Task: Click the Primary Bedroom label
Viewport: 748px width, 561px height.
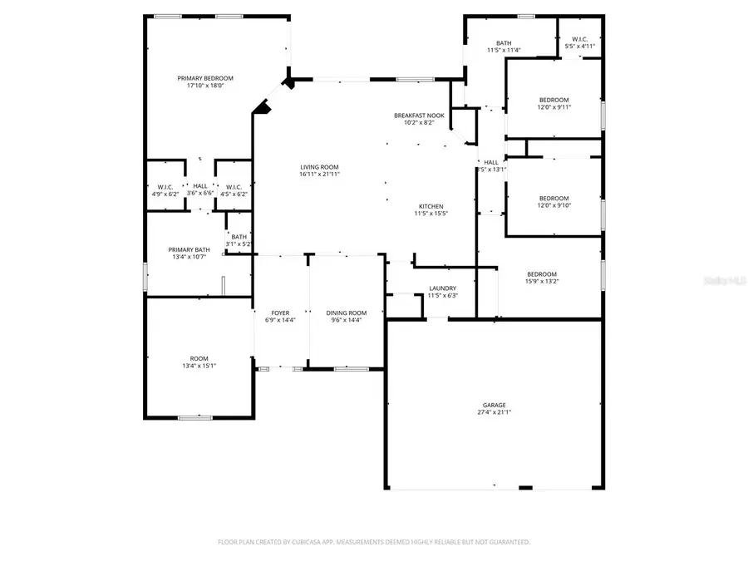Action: tap(200, 78)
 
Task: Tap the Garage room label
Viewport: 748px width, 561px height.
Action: tap(494, 405)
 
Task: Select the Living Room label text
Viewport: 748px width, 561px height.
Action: tap(320, 167)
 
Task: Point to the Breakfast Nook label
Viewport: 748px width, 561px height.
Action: tap(419, 115)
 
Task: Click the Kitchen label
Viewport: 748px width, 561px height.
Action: tap(431, 206)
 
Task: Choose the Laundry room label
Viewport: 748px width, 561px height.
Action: tap(442, 288)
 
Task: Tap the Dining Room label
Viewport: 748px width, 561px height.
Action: tap(346, 312)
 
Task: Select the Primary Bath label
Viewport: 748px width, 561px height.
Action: tap(189, 249)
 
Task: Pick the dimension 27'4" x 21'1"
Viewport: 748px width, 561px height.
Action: tap(494, 412)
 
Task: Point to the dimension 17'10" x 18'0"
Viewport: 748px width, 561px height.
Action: tap(200, 86)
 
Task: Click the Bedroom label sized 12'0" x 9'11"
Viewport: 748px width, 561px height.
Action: tap(554, 100)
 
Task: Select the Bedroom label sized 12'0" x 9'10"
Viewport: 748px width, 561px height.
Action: tap(554, 198)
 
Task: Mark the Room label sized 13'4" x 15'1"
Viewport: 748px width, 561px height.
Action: tap(199, 358)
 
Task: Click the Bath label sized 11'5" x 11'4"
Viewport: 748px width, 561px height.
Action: tap(504, 43)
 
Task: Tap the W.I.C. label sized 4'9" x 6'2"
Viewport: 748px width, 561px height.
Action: tap(165, 187)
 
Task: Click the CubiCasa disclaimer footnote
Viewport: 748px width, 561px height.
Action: tap(373, 542)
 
